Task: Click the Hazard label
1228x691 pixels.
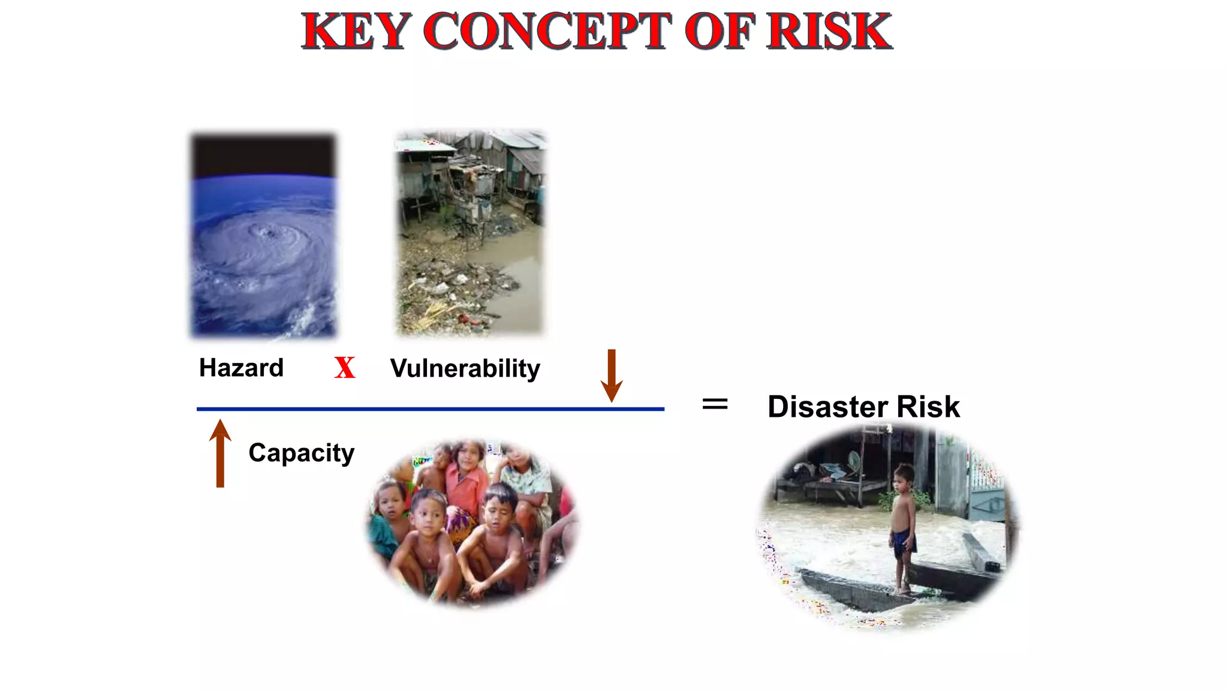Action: point(241,368)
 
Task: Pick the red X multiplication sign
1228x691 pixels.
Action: point(345,368)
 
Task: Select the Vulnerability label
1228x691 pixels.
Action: point(465,368)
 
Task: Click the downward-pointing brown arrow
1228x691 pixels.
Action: point(612,375)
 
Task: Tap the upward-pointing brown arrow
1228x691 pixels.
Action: point(220,453)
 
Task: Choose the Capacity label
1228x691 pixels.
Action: point(301,453)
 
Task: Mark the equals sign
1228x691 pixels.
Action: point(715,404)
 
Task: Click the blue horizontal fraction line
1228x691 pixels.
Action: point(430,409)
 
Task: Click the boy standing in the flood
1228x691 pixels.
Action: point(902,522)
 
